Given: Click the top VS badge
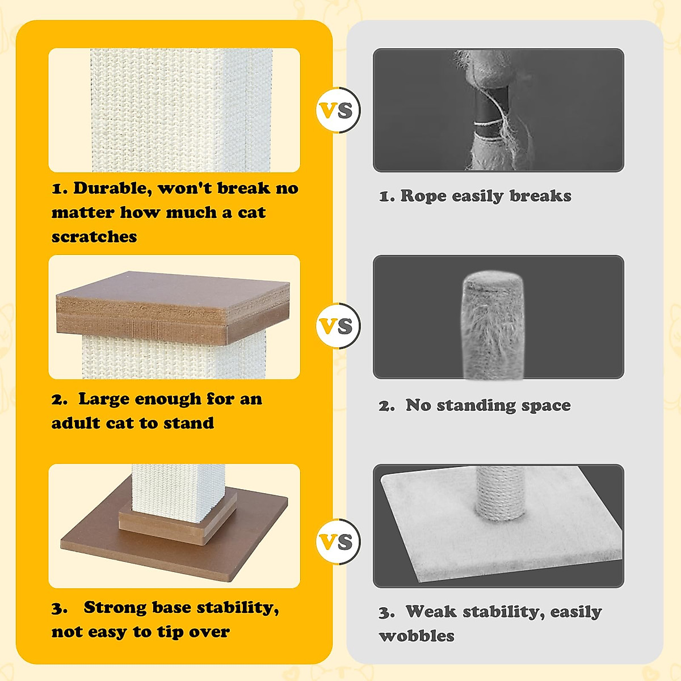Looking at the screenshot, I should [x=338, y=110].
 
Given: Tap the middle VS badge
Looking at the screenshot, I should [x=338, y=326].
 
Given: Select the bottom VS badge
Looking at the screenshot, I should [x=338, y=541].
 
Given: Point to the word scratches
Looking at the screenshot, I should [x=94, y=237].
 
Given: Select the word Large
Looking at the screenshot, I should [x=105, y=399].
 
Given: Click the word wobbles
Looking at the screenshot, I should [x=417, y=636].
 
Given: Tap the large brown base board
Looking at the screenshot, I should [x=113, y=545].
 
